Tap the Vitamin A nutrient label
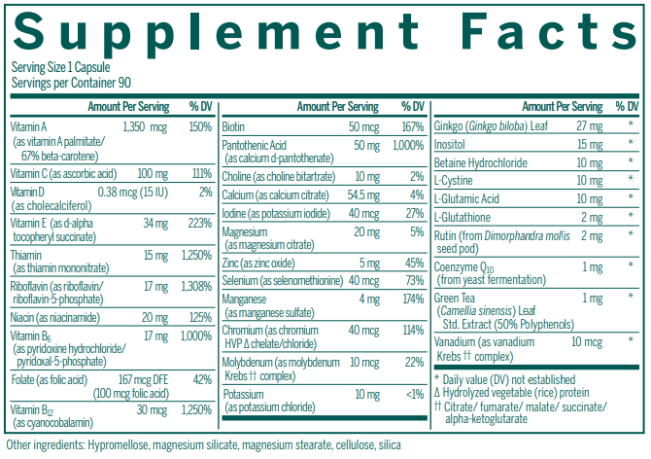[29, 127]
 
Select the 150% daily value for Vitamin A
[200, 127]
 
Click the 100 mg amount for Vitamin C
[126, 173]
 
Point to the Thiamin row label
[29, 255]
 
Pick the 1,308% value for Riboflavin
[196, 287]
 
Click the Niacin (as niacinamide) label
[58, 317]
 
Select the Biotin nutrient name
[233, 127]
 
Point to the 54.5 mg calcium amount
[362, 194]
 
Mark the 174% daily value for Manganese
[413, 298]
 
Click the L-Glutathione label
[463, 217]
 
